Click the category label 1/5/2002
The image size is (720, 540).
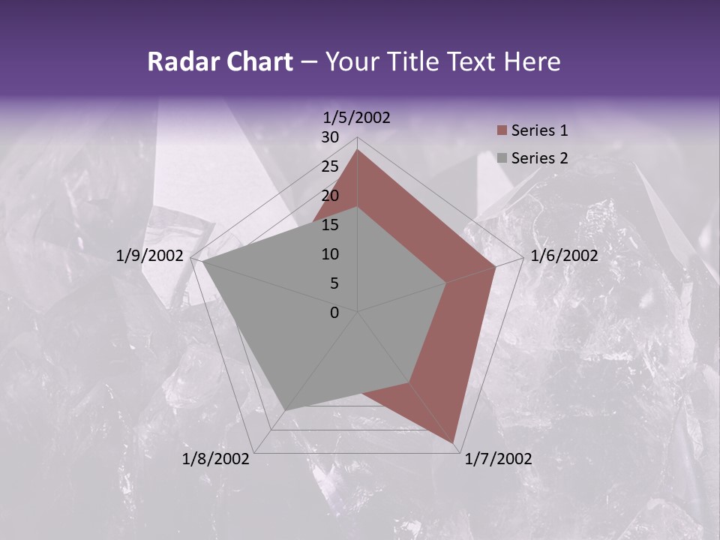point(357,117)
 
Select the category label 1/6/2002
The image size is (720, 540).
point(564,256)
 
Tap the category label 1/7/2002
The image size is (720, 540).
point(499,459)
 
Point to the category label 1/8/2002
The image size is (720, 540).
point(216,459)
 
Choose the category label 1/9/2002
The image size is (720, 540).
point(150,256)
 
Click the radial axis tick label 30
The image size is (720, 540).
point(330,137)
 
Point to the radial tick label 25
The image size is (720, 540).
point(330,166)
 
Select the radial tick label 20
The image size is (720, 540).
point(330,196)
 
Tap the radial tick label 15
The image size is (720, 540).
point(330,225)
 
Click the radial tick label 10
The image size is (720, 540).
point(330,254)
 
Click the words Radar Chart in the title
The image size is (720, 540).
point(220,61)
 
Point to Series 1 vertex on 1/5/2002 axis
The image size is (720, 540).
point(357,150)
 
